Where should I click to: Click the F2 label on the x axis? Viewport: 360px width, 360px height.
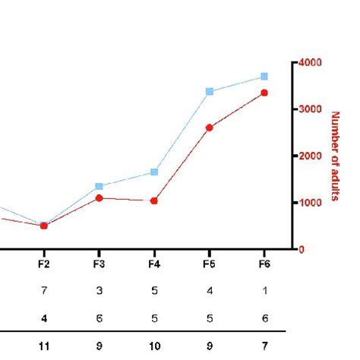pyautogui.click(x=43, y=264)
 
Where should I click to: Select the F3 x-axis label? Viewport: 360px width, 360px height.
pyautogui.click(x=99, y=264)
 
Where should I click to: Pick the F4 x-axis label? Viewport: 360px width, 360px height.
pyautogui.click(x=154, y=264)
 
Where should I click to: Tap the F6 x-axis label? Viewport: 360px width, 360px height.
pyautogui.click(x=264, y=264)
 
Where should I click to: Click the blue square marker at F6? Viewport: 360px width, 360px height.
pyautogui.click(x=264, y=77)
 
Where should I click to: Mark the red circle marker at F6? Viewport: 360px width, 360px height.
pyautogui.click(x=264, y=93)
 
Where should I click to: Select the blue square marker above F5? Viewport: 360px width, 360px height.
pyautogui.click(x=210, y=91)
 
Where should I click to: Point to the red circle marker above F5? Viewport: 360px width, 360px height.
pyautogui.click(x=210, y=128)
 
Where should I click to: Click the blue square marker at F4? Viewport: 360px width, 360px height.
pyautogui.click(x=154, y=172)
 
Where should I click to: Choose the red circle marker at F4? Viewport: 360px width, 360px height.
pyautogui.click(x=154, y=201)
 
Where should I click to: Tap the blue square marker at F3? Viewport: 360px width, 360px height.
pyautogui.click(x=99, y=186)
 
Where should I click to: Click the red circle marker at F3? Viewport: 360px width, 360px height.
pyautogui.click(x=99, y=198)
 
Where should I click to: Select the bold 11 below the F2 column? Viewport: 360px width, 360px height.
pyautogui.click(x=43, y=346)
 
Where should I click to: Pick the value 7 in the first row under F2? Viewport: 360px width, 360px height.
pyautogui.click(x=43, y=290)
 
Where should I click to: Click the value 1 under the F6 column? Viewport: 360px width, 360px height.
pyautogui.click(x=264, y=290)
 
